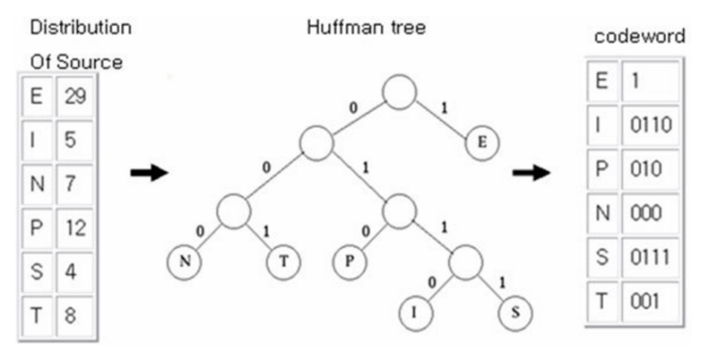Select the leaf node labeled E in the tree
pyautogui.click(x=483, y=142)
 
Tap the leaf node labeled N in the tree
pyautogui.click(x=184, y=262)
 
